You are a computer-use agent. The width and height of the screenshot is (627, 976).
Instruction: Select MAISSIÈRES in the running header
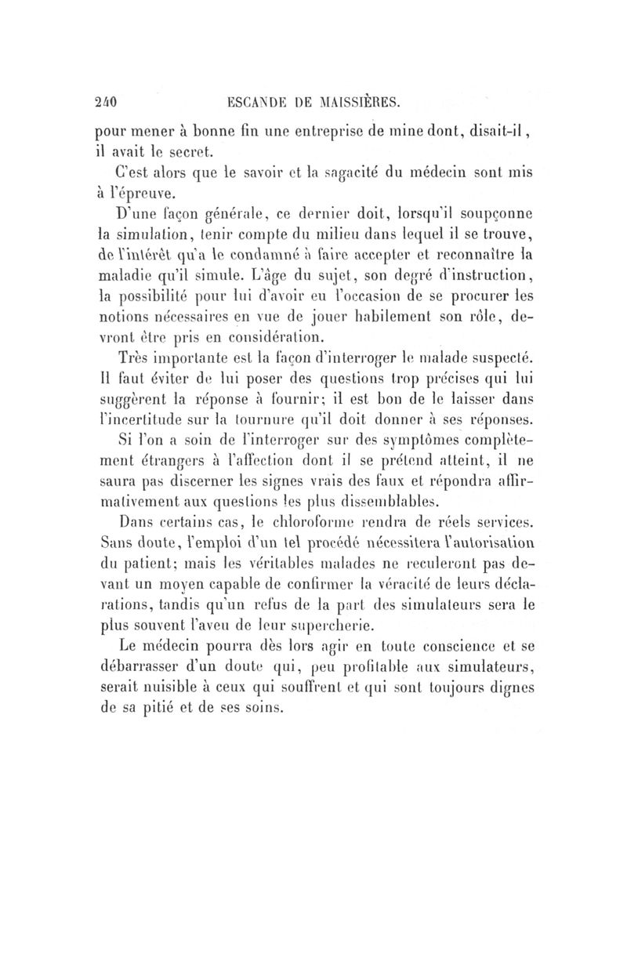coord(358,100)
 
